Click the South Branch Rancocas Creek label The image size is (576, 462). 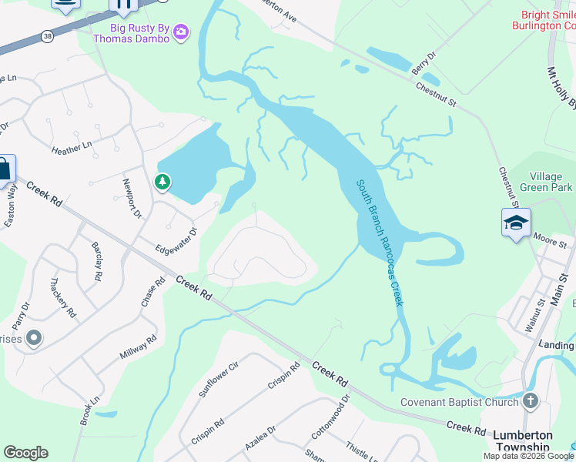380,243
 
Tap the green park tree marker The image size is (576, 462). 162,182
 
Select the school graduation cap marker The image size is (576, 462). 515,223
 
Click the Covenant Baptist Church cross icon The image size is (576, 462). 529,401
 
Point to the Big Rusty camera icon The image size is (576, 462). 181,32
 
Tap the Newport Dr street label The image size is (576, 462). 132,199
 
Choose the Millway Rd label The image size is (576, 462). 139,347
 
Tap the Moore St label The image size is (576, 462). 550,244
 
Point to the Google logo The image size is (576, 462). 25,453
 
